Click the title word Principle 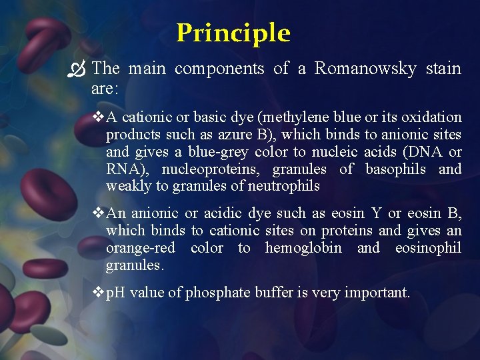[x=233, y=33]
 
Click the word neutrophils [x=283, y=187]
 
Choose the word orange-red [x=140, y=248]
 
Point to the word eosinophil [x=428, y=248]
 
